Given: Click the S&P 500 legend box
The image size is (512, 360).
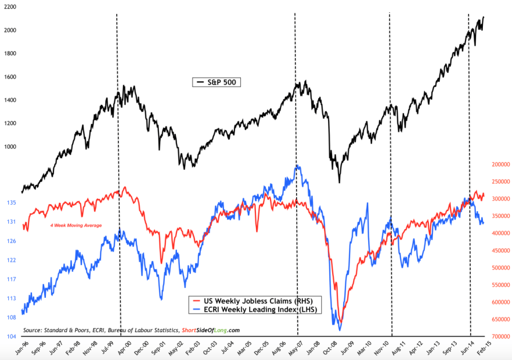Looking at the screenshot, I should pyautogui.click(x=216, y=83).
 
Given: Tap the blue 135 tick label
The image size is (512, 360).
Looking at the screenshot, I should pyautogui.click(x=12, y=202).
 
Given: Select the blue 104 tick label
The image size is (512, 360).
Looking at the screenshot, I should pyautogui.click(x=12, y=336).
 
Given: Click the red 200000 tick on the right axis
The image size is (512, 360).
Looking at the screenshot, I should pyautogui.click(x=496, y=165).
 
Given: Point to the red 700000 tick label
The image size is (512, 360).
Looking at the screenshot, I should pyautogui.click(x=496, y=337).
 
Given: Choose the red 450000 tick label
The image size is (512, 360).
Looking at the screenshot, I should pyautogui.click(x=496, y=251).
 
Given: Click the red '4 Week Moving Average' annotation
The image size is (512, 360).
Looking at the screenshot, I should pyautogui.click(x=72, y=225).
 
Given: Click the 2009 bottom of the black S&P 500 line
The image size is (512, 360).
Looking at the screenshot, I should pyautogui.click(x=339, y=182).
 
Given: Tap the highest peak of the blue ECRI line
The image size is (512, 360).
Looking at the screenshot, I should pyautogui.click(x=297, y=166).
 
